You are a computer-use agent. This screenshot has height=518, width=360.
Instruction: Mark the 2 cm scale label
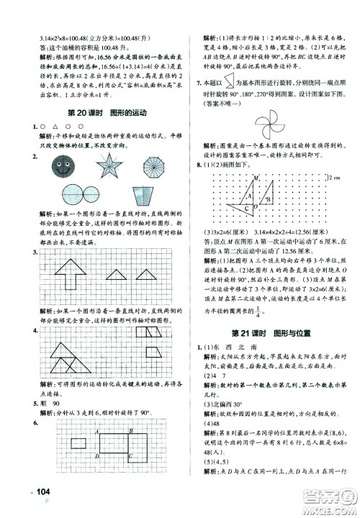tap(338, 177)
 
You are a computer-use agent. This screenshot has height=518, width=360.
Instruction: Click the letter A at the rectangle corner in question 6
tap(96, 432)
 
